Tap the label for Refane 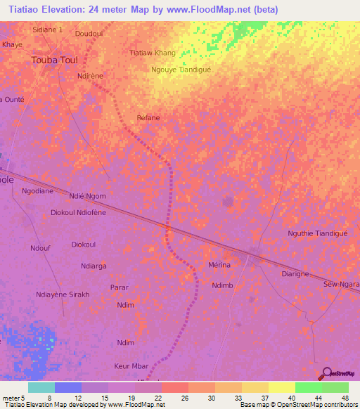point(148,117)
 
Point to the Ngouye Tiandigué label point(181,70)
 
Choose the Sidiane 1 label point(48,30)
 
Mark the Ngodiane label point(37,191)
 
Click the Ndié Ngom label point(88,196)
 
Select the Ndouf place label point(40,247)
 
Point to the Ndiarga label point(94,266)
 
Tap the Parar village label point(120,287)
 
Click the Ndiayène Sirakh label point(63,295)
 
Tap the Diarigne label point(296,273)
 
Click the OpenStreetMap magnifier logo point(326,374)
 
